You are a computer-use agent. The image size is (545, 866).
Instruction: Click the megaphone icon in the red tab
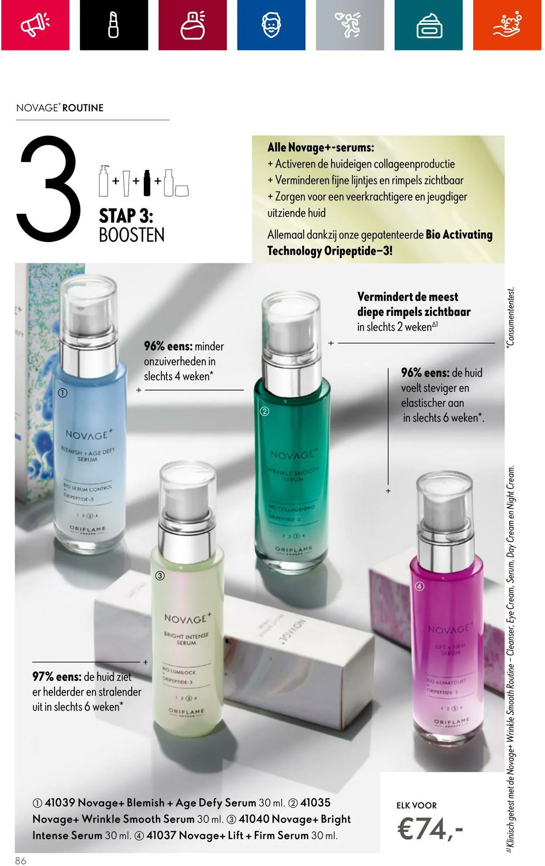[x=35, y=24]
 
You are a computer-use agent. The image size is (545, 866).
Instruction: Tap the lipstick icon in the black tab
[x=113, y=24]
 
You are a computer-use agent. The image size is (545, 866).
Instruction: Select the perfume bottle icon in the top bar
[x=192, y=24]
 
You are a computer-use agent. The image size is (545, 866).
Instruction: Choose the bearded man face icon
[x=271, y=24]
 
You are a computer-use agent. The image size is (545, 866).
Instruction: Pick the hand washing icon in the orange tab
[x=507, y=24]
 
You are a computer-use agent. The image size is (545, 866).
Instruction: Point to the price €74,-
[x=430, y=829]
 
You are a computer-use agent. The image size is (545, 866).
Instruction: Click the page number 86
[x=20, y=860]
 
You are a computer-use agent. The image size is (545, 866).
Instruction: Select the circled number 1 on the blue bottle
[x=63, y=393]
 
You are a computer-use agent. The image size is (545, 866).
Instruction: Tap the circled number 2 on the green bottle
[x=264, y=411]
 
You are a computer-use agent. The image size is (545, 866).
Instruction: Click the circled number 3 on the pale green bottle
[x=160, y=576]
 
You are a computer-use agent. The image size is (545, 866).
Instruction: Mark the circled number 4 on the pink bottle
[x=419, y=586]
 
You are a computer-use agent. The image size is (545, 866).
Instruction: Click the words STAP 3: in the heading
[x=126, y=216]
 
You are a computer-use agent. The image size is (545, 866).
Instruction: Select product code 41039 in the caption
[x=60, y=803]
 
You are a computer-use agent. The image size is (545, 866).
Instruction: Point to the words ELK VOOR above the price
[x=416, y=805]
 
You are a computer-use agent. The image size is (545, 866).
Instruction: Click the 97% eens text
[x=57, y=677]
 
